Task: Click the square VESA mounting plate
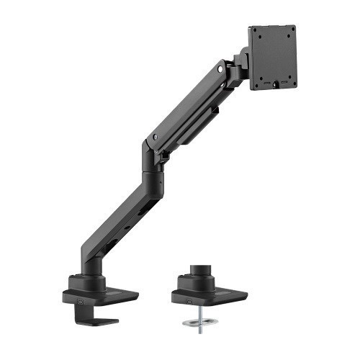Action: pos(274,58)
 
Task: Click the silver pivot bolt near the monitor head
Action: pos(220,71)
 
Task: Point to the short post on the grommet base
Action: pos(199,277)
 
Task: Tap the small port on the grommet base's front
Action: pos(188,296)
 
